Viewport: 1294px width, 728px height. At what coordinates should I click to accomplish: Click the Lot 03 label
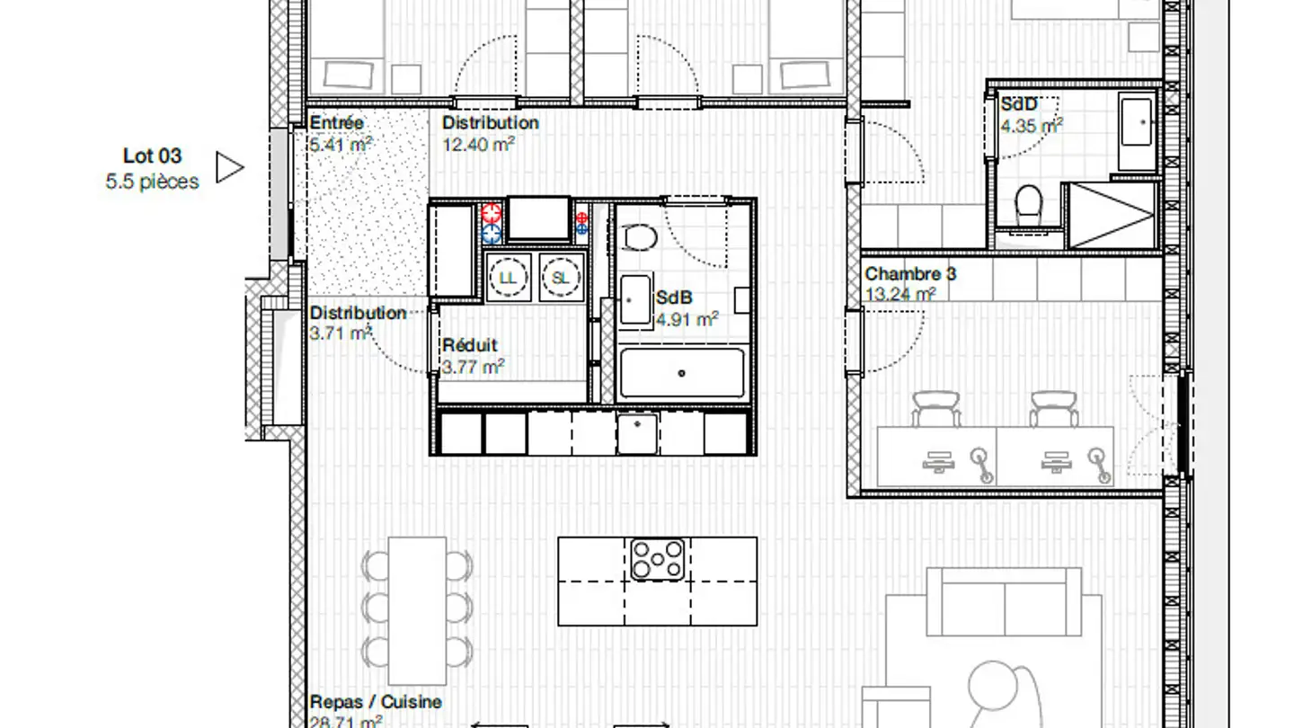(152, 156)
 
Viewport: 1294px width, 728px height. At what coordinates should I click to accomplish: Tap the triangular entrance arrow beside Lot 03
(229, 167)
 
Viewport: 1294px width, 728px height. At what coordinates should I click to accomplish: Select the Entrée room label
(337, 123)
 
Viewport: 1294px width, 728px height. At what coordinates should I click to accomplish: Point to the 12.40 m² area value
(478, 144)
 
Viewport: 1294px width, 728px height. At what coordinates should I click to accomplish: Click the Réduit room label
(469, 345)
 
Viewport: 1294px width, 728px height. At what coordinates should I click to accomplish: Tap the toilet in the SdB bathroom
(640, 236)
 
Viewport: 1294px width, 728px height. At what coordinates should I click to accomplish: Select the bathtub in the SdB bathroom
(682, 373)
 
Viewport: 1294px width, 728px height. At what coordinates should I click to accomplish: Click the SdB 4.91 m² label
(687, 307)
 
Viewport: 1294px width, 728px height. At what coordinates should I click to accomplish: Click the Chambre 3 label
(910, 274)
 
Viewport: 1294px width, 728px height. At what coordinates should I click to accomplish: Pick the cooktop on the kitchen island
(657, 559)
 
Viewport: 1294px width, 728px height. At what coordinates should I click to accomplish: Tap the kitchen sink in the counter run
(637, 432)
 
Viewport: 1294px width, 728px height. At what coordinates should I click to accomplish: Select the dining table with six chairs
(417, 610)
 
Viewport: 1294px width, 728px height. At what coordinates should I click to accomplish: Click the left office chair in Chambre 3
(936, 409)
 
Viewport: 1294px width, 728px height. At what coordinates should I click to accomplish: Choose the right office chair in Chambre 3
(1053, 409)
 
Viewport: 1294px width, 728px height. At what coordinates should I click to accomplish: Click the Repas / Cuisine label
(376, 702)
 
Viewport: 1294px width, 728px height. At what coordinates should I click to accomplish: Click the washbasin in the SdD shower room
(1138, 122)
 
